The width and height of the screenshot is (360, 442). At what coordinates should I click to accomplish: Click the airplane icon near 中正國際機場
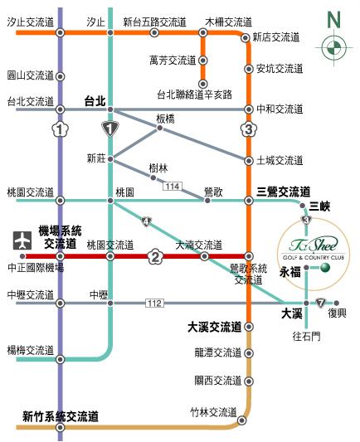coord(22,240)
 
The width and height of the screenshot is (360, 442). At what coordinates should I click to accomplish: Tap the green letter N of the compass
coord(333,20)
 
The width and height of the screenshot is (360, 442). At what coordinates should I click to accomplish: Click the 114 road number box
coord(173,187)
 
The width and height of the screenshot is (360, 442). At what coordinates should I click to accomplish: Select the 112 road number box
coord(154,304)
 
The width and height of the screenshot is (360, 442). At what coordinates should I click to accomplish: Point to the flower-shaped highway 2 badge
coord(155,256)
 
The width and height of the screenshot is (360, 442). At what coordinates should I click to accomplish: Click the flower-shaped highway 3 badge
coord(248,129)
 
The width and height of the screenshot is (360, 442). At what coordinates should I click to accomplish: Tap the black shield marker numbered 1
coord(110,129)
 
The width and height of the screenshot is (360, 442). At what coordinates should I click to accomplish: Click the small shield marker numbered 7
coord(320,303)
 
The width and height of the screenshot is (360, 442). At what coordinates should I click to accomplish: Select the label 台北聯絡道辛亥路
coord(195,95)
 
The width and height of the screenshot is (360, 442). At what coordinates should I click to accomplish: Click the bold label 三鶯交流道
coord(283,192)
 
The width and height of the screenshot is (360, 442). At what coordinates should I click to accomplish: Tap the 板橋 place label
coord(165,119)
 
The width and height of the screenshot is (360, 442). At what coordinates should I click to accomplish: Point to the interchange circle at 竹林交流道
coord(241,420)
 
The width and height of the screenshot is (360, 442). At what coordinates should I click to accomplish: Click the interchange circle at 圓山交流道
coord(60,76)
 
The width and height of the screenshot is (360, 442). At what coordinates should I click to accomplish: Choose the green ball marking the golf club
coord(325,267)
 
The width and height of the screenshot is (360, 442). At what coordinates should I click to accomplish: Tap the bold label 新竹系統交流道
coord(61,416)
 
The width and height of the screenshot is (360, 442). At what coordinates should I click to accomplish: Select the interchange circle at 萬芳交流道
coord(202,61)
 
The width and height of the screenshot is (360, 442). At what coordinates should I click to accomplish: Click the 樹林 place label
coord(158,168)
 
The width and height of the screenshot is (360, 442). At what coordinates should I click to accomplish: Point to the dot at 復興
coord(336,304)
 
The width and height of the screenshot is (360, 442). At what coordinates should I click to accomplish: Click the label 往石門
coord(306,336)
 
